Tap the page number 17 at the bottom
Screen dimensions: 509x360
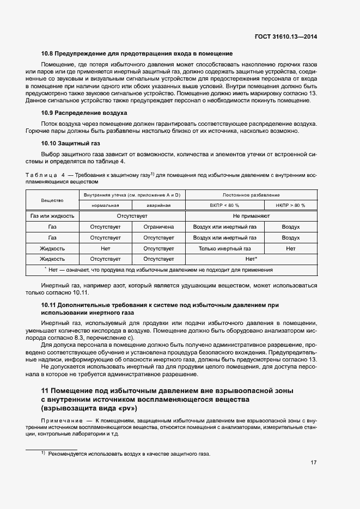pyautogui.click(x=314, y=463)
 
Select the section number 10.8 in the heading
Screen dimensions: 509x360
pyautogui.click(x=48, y=54)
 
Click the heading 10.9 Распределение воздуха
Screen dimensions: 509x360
pyautogui.click(x=84, y=113)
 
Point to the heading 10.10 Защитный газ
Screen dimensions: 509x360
pyautogui.click(x=71, y=144)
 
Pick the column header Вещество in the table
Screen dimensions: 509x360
pyautogui.click(x=52, y=200)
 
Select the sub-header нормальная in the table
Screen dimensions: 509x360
pyautogui.click(x=106, y=205)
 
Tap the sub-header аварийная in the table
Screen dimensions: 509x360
pyautogui.click(x=158, y=205)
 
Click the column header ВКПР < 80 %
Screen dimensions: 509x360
pyautogui.click(x=224, y=205)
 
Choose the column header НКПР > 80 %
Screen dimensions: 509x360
pyautogui.click(x=291, y=205)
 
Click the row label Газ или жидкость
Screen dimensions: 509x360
pyautogui.click(x=52, y=216)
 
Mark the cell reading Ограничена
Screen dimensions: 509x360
pyautogui.click(x=158, y=226)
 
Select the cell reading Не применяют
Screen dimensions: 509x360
pyautogui.click(x=251, y=216)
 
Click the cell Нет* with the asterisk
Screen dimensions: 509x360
pyautogui.click(x=251, y=259)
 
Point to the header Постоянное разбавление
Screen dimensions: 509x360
pyautogui.click(x=251, y=195)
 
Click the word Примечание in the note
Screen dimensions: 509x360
pyautogui.click(x=59, y=421)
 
